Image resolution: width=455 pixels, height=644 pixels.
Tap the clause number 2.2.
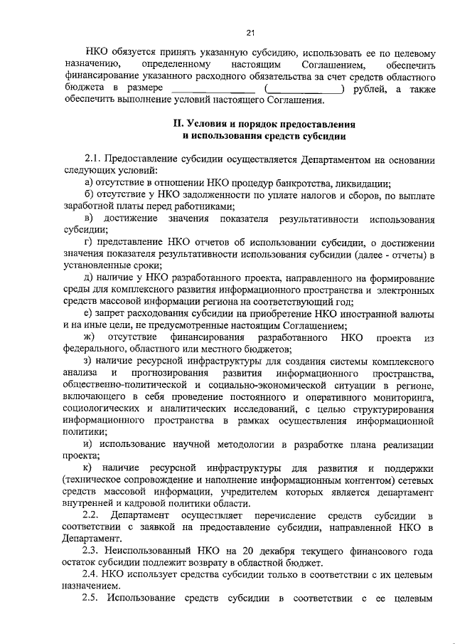click(92, 514)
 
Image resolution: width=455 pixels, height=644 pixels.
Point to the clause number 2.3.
click(92, 550)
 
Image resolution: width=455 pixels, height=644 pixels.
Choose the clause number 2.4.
click(92, 574)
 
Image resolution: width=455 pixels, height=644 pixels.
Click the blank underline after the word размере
click(213, 88)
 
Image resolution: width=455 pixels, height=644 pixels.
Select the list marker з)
click(87, 361)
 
